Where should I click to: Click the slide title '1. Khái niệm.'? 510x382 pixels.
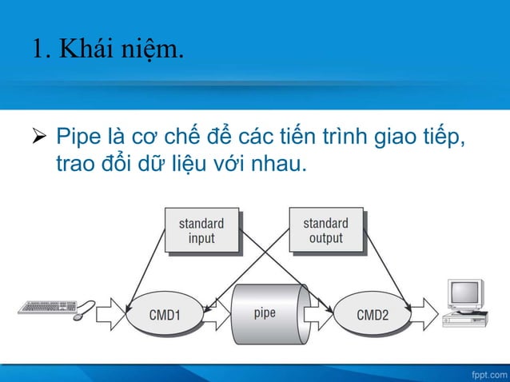pos(107,50)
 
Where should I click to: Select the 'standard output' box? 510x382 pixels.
pos(325,230)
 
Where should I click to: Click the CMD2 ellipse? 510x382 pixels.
pos(373,314)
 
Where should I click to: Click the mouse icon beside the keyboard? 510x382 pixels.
pos(79,316)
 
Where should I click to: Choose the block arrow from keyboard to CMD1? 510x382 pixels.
pos(112,314)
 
